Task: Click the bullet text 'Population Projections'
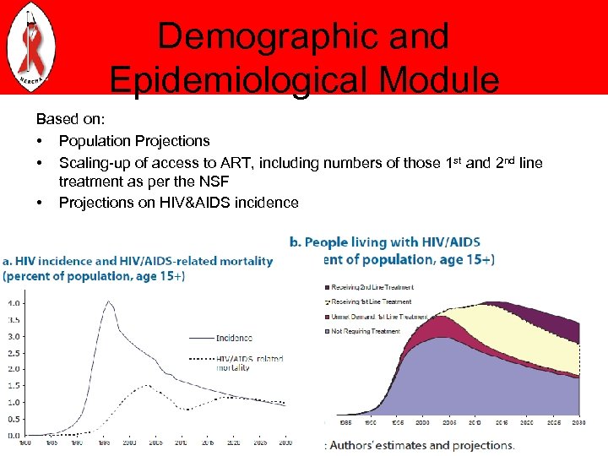coord(134,141)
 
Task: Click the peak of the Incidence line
coord(108,301)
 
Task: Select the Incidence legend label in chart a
coord(234,338)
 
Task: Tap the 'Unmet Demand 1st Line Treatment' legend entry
coord(381,317)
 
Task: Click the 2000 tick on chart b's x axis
coord(422,422)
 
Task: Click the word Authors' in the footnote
coord(361,445)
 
